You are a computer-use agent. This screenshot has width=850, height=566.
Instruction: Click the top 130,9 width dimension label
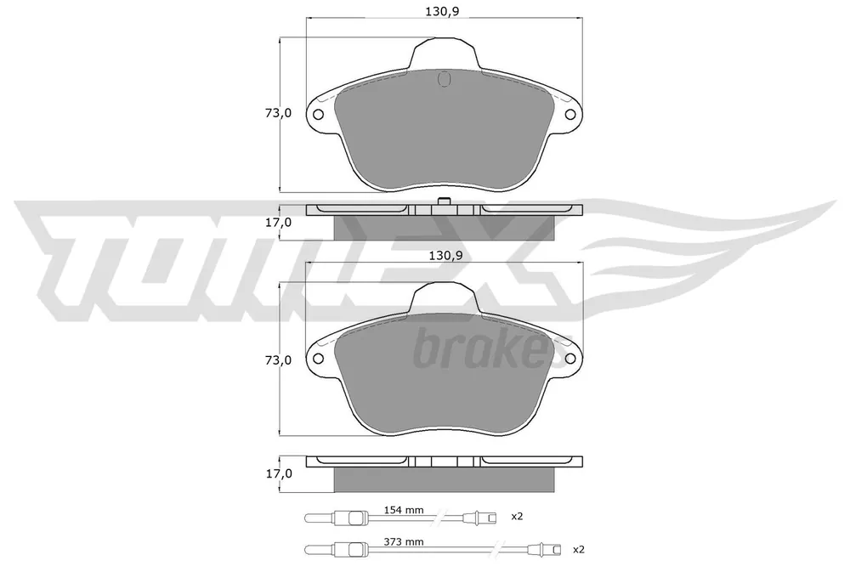(x=442, y=11)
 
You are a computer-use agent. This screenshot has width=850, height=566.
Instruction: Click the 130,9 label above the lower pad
(x=445, y=255)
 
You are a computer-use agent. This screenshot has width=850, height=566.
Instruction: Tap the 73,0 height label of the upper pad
(x=278, y=113)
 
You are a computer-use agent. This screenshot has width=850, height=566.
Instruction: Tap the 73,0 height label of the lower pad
(x=278, y=360)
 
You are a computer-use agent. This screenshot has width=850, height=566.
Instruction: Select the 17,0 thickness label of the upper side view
(x=278, y=222)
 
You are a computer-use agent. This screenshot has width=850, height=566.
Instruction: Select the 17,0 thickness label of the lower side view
(x=278, y=473)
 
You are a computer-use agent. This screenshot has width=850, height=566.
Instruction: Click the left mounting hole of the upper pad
(x=318, y=115)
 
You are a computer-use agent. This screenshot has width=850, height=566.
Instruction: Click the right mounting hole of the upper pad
(x=570, y=115)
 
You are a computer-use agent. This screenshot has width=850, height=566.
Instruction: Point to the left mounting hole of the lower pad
(x=318, y=359)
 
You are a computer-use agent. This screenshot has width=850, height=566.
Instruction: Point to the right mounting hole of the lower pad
(x=570, y=359)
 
